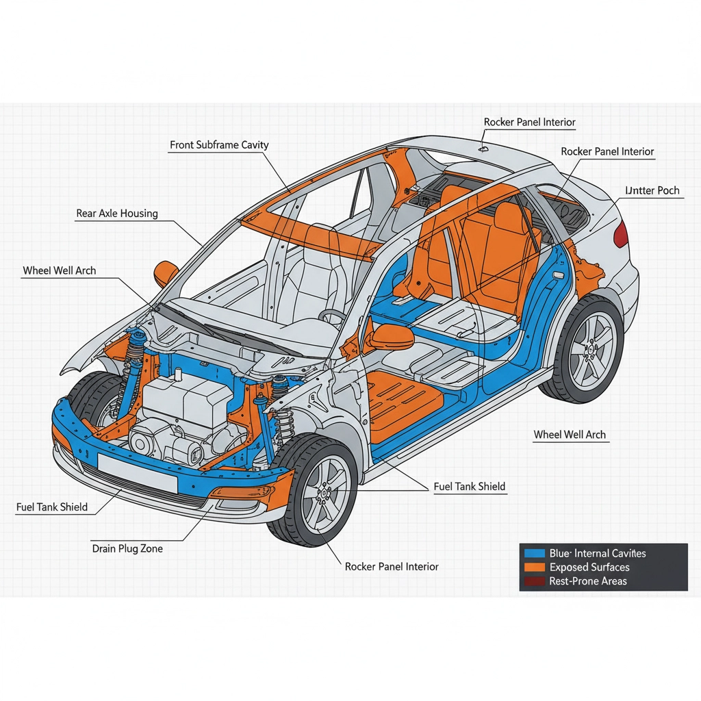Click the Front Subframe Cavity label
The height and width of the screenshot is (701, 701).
219,145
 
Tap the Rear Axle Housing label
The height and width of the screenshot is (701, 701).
116,214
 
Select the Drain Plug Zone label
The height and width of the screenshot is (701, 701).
127,548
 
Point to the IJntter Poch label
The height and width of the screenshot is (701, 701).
652,190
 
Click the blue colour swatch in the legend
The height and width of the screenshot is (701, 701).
533,553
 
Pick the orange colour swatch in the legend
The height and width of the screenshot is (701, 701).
533,568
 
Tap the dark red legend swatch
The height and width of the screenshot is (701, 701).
533,582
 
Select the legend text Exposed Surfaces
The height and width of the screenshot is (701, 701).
589,568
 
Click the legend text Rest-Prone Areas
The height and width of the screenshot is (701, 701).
587,582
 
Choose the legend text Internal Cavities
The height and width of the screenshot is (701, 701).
598,553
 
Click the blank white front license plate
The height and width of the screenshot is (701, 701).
137,472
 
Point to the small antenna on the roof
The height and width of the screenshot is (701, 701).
483,146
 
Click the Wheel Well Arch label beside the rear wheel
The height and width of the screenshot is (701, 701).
570,435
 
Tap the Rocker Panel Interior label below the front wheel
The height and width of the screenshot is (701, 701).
392,567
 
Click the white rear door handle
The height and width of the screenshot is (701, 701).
559,275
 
